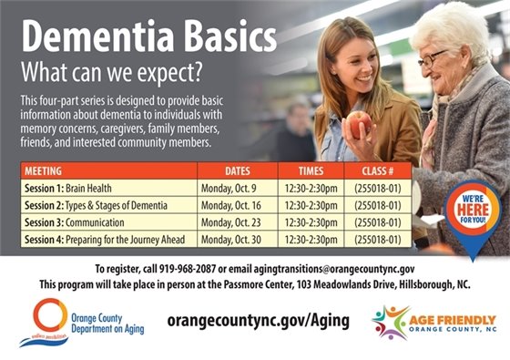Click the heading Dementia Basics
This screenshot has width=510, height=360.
point(148,37)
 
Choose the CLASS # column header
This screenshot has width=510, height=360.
point(376,170)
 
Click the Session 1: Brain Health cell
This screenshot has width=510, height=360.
point(68,188)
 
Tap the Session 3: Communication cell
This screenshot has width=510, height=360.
point(76,222)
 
